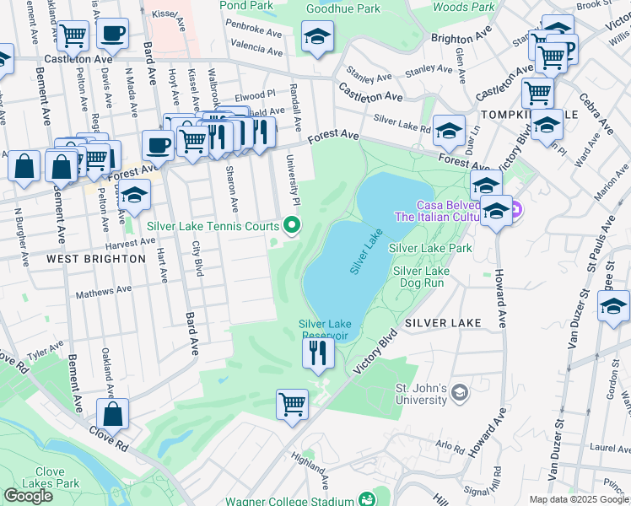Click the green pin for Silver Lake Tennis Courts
click(x=293, y=225)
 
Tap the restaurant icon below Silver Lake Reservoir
click(x=318, y=353)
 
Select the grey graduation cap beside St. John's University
click(x=459, y=392)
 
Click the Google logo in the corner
click(x=29, y=496)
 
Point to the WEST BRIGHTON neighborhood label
click(x=96, y=258)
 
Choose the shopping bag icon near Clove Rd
click(x=112, y=414)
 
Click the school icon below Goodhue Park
click(x=317, y=37)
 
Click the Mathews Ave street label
click(x=105, y=293)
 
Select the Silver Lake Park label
click(x=430, y=248)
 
